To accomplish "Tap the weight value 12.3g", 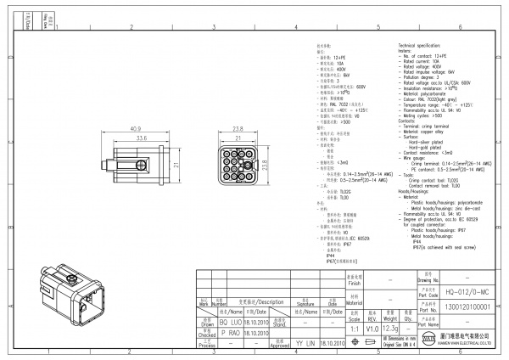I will click(x=391, y=328).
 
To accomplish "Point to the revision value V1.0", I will click(x=372, y=328).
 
